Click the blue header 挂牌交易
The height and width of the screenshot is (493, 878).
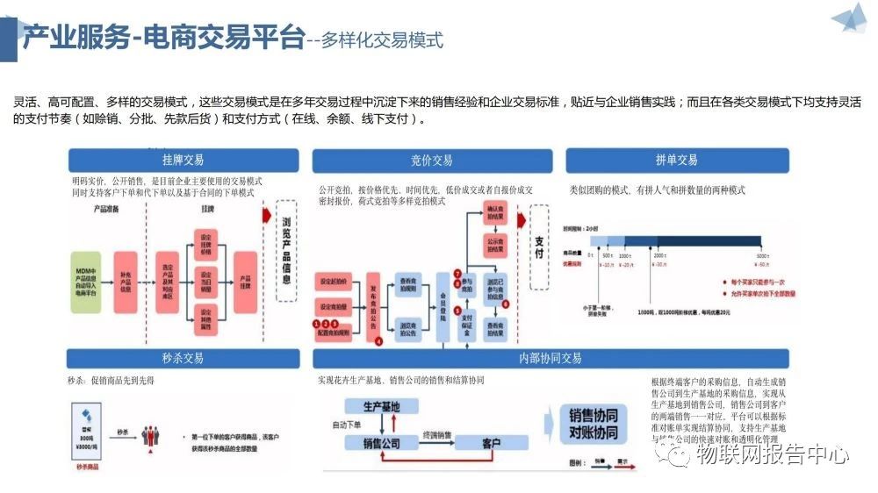[x=184, y=161]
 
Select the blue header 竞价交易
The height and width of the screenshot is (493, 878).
[x=432, y=161]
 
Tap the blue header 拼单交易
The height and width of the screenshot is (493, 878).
[x=676, y=161]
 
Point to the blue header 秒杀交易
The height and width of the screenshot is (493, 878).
[x=184, y=358]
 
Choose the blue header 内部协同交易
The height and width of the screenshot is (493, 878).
[x=551, y=358]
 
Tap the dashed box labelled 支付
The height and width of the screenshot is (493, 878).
[x=539, y=241]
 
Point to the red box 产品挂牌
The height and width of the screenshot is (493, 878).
[x=247, y=277]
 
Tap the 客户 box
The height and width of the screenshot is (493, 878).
[x=490, y=444]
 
